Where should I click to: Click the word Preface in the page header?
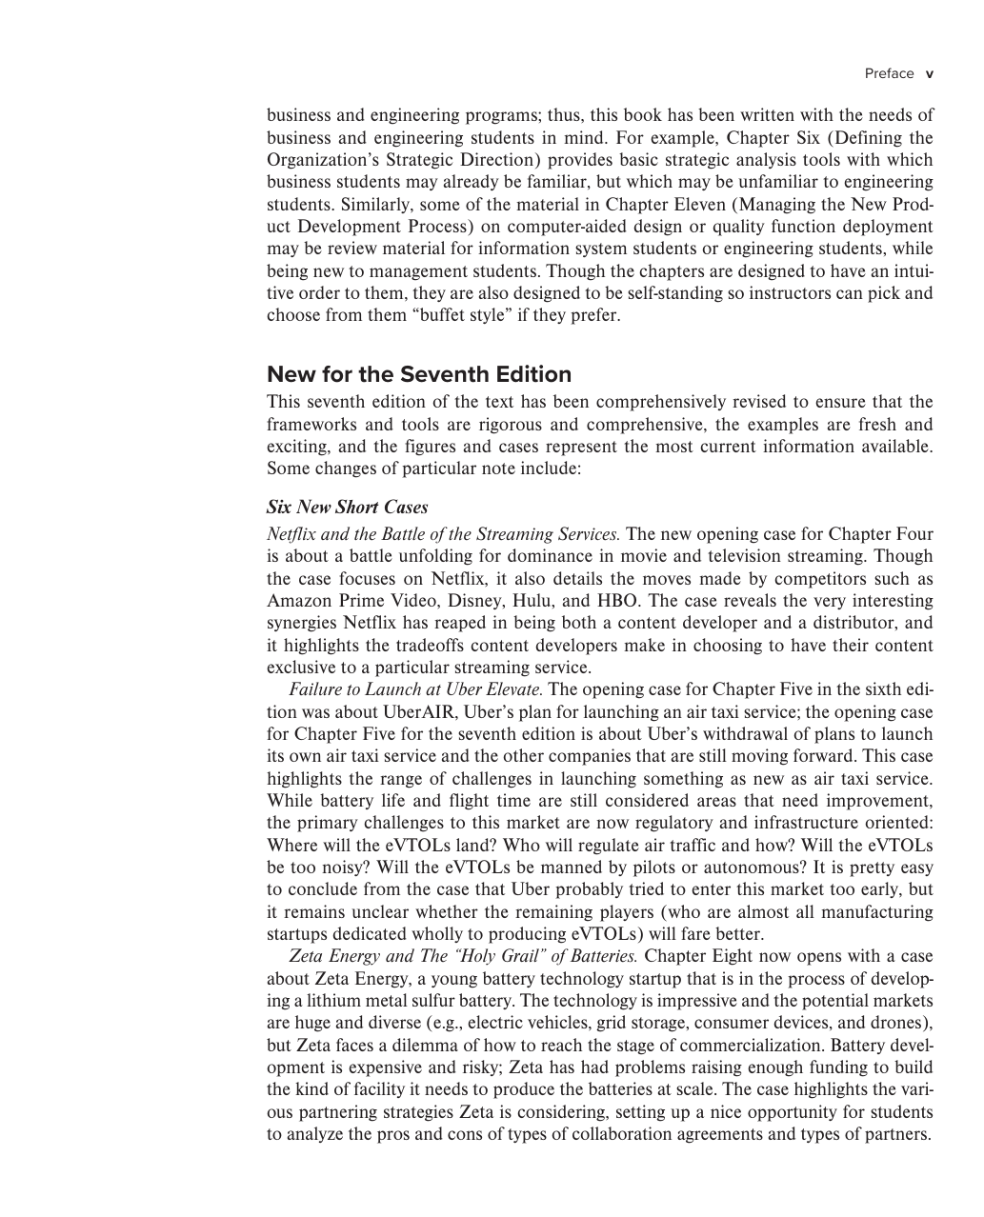coord(889,73)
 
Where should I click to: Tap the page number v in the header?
coord(930,73)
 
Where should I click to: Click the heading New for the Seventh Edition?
coord(419,374)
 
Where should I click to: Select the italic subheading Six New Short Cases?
coord(347,507)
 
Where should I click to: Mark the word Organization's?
coord(322,160)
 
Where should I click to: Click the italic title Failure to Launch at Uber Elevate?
coord(416,689)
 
